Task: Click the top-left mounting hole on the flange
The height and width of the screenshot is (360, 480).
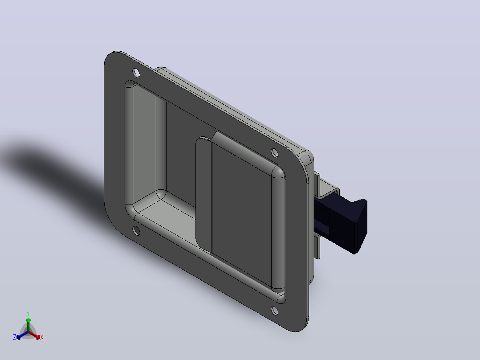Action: (x=136, y=73)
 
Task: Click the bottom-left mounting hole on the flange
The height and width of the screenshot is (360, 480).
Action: (x=136, y=231)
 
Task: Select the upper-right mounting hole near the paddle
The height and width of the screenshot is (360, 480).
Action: (x=275, y=152)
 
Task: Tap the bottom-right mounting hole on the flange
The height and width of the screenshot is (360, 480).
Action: (x=275, y=311)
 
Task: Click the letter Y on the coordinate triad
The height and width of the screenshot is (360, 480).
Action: (x=28, y=314)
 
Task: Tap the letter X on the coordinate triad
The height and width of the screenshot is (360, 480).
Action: (x=42, y=337)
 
